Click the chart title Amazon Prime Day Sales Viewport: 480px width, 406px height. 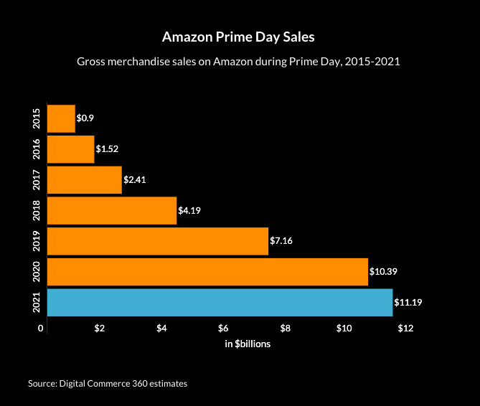pyautogui.click(x=237, y=37)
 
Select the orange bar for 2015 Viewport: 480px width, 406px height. pyautogui.click(x=61, y=118)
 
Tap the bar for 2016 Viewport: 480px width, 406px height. pyautogui.click(x=70, y=148)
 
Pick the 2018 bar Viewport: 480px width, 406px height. pyautogui.click(x=111, y=210)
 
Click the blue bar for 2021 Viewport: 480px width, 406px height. pyautogui.click(x=220, y=302)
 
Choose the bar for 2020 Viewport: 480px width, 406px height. pyautogui.click(x=207, y=272)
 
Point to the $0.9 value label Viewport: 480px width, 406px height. pyautogui.click(x=85, y=118)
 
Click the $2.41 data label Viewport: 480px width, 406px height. pyautogui.click(x=135, y=180)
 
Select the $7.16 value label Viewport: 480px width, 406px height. pyautogui.click(x=281, y=241)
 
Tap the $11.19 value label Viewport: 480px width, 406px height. pyautogui.click(x=408, y=303)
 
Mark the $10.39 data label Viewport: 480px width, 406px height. pyautogui.click(x=383, y=272)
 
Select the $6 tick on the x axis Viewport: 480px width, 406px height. pyautogui.click(x=223, y=329)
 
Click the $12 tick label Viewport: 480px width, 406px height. pyautogui.click(x=406, y=329)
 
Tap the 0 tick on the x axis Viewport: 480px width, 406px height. pyautogui.click(x=42, y=329)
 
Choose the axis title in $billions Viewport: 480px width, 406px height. pyautogui.click(x=247, y=344)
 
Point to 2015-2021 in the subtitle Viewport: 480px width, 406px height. pyautogui.click(x=371, y=62)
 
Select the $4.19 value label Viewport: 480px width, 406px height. pyautogui.click(x=189, y=211)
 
